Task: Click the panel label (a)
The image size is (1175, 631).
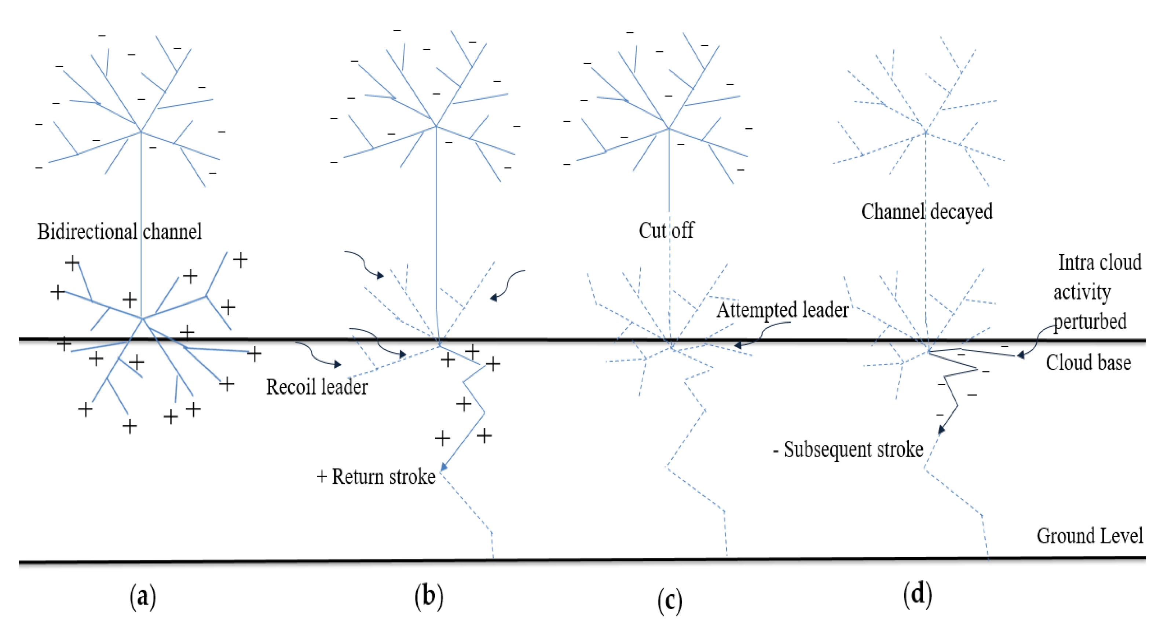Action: (143, 596)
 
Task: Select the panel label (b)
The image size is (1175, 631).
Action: (429, 596)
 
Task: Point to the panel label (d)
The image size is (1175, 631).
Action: (917, 594)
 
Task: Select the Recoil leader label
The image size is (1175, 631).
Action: (317, 387)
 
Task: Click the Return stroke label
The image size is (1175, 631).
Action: (376, 477)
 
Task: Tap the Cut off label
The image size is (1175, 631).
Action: (666, 230)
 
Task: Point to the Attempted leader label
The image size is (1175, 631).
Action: (783, 310)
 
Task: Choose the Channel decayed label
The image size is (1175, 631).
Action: (927, 212)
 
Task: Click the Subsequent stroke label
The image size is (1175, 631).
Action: (848, 450)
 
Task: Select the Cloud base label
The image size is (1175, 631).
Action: (1088, 363)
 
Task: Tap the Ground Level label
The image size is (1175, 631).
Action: (1090, 536)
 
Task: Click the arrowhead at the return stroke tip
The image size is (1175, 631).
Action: (443, 466)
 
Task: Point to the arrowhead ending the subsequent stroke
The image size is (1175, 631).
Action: (941, 429)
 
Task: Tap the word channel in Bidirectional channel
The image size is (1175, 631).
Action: (172, 232)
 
